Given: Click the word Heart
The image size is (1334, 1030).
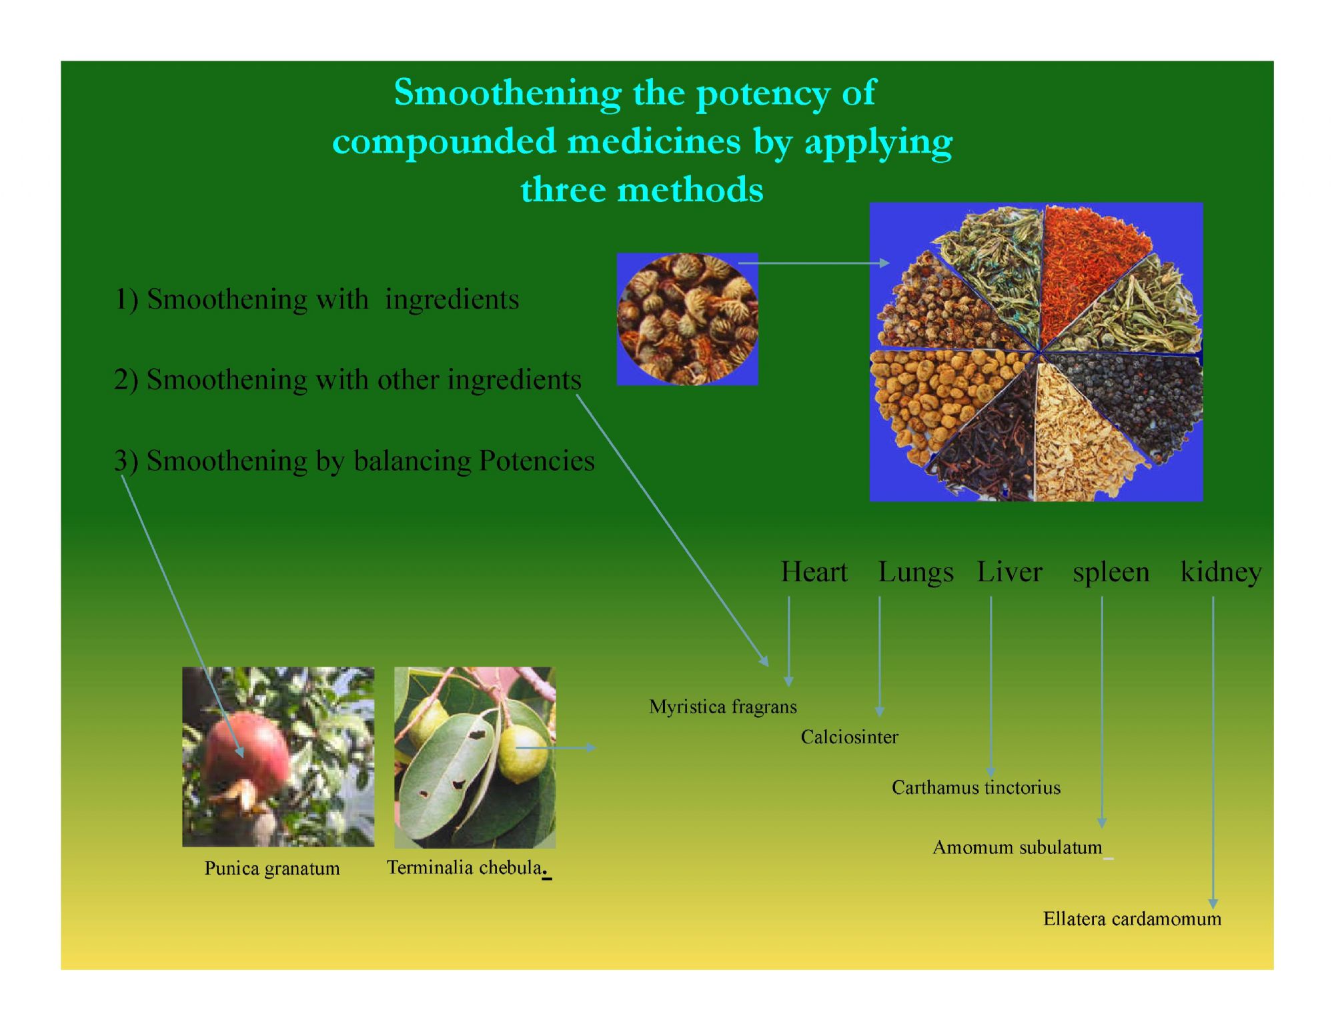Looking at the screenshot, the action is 814,572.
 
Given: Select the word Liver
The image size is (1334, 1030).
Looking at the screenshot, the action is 1009,572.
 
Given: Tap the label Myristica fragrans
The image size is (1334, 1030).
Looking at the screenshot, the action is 723,707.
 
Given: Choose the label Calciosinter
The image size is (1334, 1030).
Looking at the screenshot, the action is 849,737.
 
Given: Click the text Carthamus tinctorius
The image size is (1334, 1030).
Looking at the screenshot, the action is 976,787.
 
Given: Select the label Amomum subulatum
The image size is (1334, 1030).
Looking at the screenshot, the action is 1017,847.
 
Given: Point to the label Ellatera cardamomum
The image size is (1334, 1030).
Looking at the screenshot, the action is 1132,919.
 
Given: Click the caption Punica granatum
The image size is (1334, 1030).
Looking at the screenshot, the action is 272,869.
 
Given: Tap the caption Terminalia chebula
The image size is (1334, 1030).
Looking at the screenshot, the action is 465,867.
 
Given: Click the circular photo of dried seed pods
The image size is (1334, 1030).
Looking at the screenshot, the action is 688,319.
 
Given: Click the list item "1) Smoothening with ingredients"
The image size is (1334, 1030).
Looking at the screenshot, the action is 317,299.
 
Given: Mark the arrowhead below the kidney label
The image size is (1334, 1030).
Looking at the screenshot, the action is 1213,903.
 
